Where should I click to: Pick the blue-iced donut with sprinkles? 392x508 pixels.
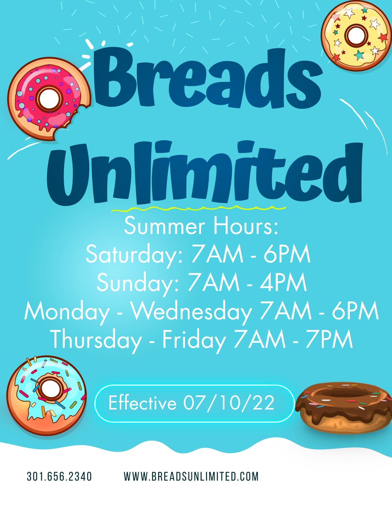click(x=46, y=389)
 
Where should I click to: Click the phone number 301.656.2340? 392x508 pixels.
click(x=59, y=476)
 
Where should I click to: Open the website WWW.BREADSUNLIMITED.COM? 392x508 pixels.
click(x=191, y=476)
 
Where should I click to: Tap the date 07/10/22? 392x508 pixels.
click(x=229, y=403)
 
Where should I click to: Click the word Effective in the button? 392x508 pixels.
click(x=142, y=403)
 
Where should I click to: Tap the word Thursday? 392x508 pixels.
click(x=95, y=339)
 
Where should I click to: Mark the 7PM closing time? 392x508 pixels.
click(x=330, y=339)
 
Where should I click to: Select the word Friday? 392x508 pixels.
click(x=195, y=339)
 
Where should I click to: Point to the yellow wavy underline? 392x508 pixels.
click(x=198, y=208)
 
